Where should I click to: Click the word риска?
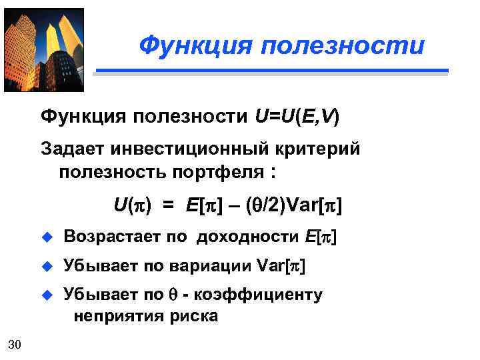(x=195, y=315)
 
